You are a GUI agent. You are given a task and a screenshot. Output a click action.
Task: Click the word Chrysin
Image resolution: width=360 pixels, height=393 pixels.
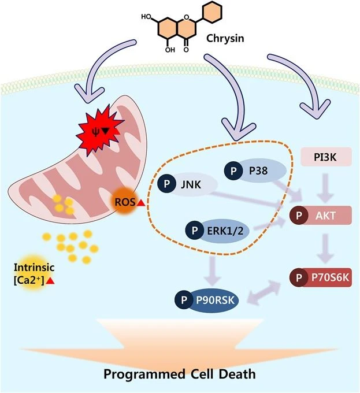(x=225, y=39)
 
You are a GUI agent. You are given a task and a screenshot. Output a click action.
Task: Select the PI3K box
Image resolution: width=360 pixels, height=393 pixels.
(x=326, y=157)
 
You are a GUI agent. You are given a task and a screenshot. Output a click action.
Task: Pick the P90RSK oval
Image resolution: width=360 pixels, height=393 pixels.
(x=213, y=300)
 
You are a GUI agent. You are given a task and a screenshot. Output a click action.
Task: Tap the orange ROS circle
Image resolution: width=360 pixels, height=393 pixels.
(x=124, y=202)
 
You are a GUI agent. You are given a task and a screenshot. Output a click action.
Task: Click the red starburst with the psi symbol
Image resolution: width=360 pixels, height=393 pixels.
(x=99, y=131)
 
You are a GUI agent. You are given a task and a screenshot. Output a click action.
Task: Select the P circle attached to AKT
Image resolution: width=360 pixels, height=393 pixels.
(x=299, y=216)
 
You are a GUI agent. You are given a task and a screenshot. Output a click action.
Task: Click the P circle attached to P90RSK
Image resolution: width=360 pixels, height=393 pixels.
(x=184, y=300)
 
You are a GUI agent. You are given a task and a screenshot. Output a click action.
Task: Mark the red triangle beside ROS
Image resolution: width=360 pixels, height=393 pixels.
(x=142, y=203)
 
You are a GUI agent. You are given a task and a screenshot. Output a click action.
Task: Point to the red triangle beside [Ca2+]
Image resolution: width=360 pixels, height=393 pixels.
(x=50, y=281)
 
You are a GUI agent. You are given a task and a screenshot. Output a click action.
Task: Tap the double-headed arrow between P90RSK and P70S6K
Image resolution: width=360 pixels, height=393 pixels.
(x=263, y=292)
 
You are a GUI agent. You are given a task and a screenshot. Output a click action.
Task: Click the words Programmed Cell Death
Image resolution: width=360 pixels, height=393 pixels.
(x=180, y=374)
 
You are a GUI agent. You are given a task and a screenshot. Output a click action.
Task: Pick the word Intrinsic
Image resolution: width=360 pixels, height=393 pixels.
(x=34, y=268)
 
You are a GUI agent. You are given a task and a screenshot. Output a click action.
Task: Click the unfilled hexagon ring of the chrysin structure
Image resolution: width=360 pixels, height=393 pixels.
(x=213, y=12)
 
